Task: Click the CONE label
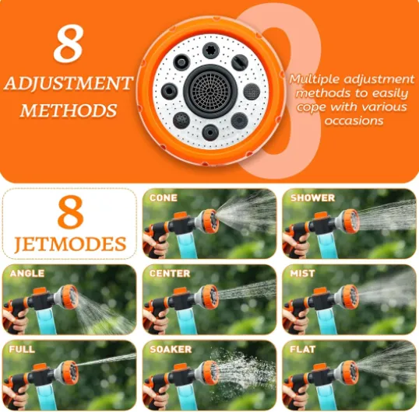[x=164, y=198]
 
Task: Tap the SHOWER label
[x=312, y=198]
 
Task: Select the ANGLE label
[x=27, y=274]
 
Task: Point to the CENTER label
[x=170, y=274]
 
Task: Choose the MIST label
[x=302, y=274]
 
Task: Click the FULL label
[x=22, y=349]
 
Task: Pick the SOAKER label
[x=171, y=349]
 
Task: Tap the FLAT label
[x=303, y=349]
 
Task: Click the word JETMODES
[x=70, y=244]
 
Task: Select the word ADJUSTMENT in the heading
[x=69, y=83]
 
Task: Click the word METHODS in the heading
[x=69, y=110]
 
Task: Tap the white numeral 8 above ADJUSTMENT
[x=69, y=44]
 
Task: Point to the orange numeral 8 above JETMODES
[x=71, y=212]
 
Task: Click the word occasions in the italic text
[x=354, y=120]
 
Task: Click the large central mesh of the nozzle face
[x=211, y=92]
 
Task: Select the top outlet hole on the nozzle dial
[x=211, y=51]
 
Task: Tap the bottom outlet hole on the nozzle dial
[x=210, y=132]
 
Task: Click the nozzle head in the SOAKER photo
[x=208, y=372]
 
